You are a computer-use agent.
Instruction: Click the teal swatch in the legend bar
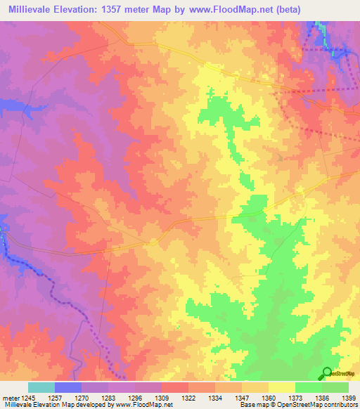point(41,387)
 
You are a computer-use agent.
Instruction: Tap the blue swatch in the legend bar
point(68,387)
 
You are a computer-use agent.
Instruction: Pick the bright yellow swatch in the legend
point(281,387)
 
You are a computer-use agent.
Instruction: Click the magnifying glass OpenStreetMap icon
point(327,372)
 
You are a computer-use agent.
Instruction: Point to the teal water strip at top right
point(319,28)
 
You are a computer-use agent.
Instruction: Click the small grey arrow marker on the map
point(281,157)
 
